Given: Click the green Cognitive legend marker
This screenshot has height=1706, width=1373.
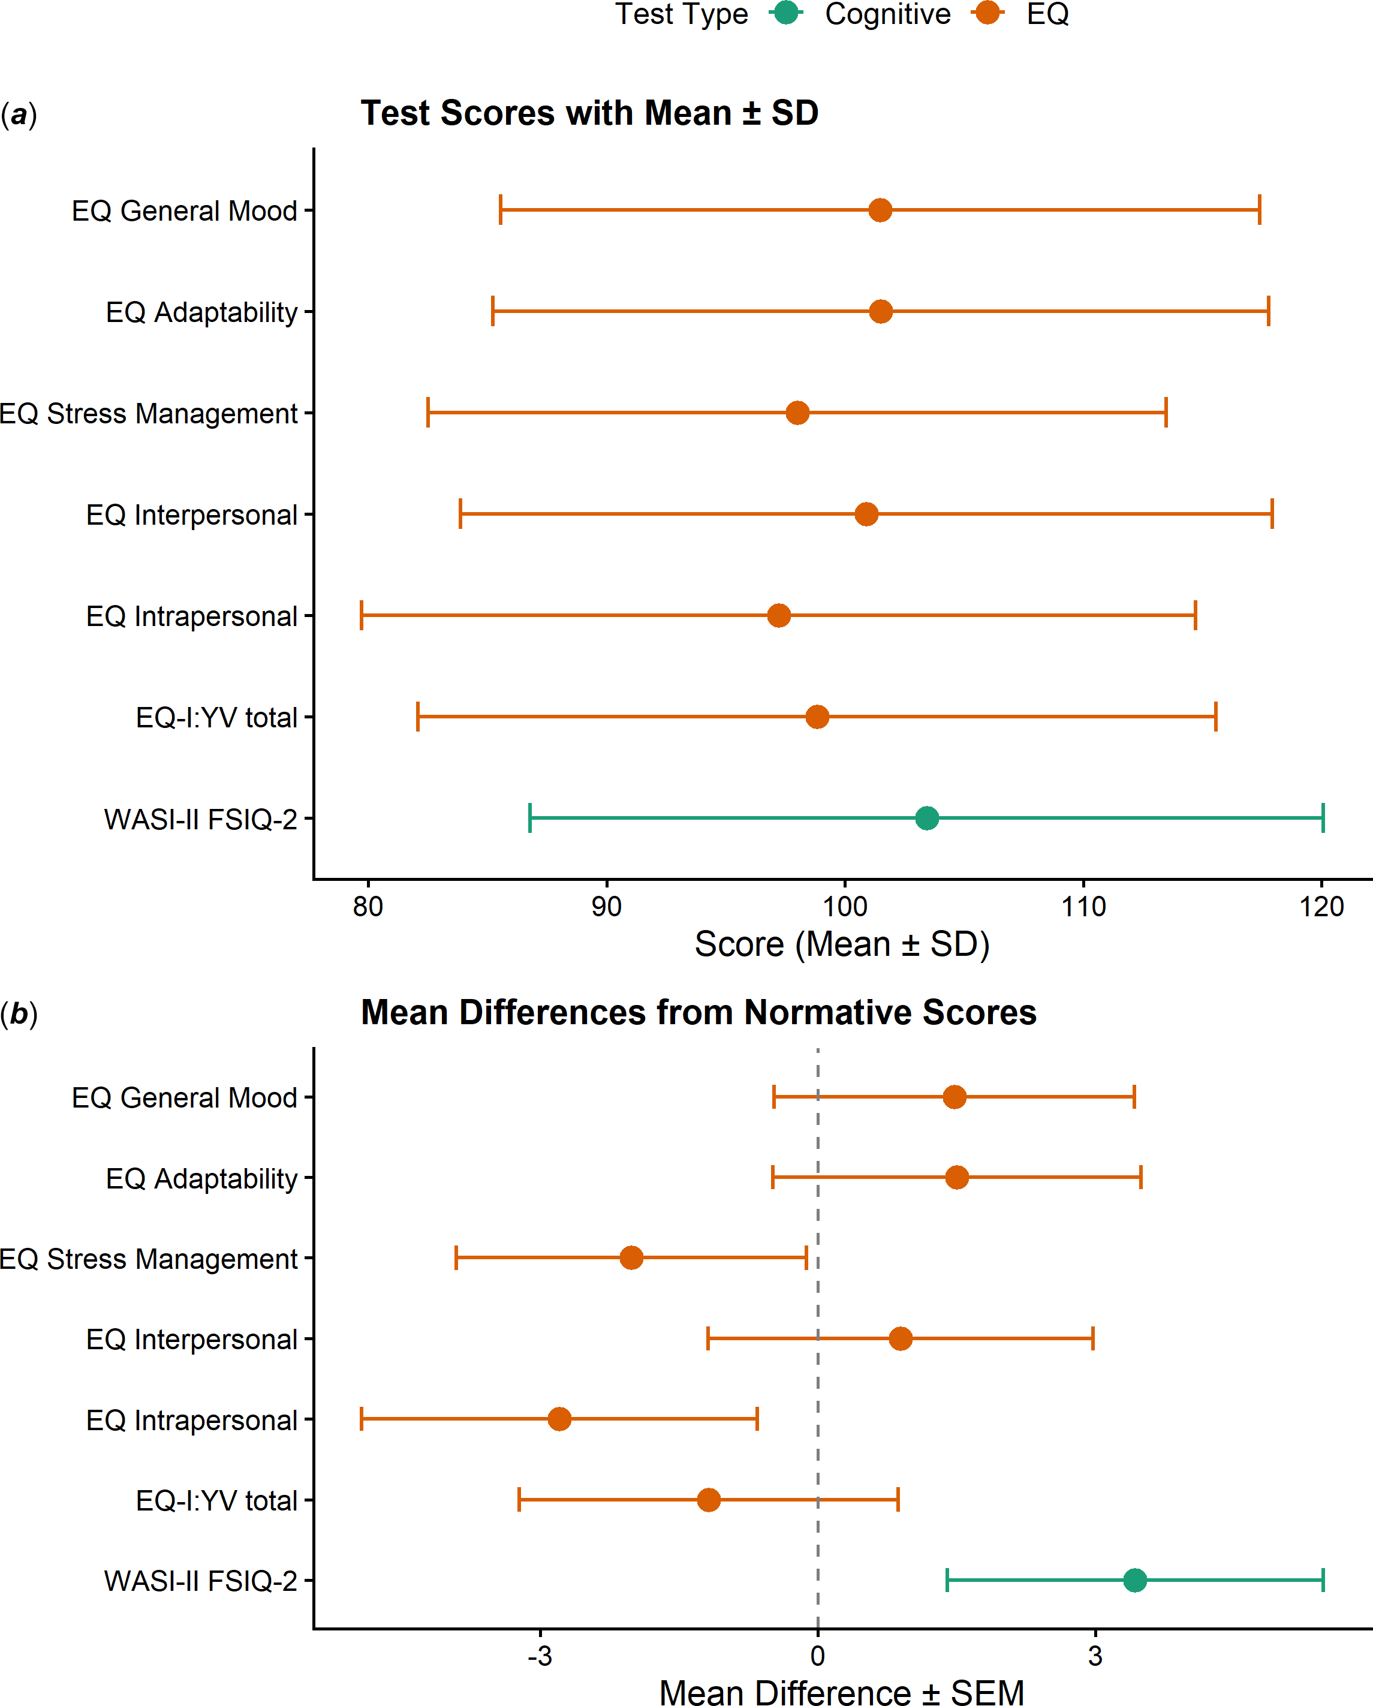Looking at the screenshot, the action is tap(786, 13).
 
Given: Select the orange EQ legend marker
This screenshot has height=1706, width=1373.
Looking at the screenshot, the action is tap(987, 13).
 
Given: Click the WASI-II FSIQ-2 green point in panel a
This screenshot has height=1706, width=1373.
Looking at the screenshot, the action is tap(927, 818).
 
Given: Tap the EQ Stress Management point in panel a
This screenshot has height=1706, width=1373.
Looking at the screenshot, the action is tap(797, 413).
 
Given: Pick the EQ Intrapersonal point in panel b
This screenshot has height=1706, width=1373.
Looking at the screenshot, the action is tap(559, 1419).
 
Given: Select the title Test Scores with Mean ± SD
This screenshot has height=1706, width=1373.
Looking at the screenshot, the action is tap(589, 113).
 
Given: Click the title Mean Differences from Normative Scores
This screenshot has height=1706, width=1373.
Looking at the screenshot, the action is tap(698, 1013).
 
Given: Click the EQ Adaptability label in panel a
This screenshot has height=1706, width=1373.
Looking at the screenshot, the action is tap(202, 312).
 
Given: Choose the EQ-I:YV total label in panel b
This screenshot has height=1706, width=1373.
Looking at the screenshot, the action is tap(217, 1500).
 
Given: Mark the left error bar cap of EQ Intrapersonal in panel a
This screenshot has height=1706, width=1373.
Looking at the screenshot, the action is tap(362, 616).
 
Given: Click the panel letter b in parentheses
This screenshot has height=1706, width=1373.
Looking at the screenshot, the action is tap(19, 1013).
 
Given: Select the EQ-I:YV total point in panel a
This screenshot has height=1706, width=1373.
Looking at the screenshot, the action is tap(817, 717).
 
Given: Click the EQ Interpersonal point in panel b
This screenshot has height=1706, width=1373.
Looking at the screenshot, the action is tap(901, 1339).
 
